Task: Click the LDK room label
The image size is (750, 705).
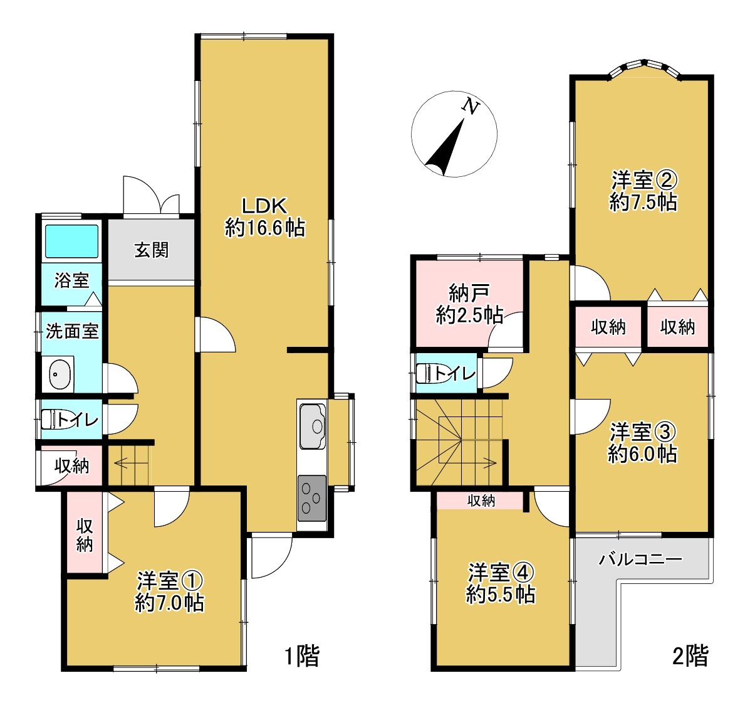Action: point(264,216)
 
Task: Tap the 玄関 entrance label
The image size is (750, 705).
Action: point(152,250)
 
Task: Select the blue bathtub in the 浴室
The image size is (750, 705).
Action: point(71,241)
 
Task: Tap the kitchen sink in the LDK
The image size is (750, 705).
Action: point(313,427)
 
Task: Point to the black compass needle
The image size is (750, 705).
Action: point(447,151)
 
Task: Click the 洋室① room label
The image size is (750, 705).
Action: point(170,590)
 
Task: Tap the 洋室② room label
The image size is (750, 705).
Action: point(643,191)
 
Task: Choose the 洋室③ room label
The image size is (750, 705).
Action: point(643,442)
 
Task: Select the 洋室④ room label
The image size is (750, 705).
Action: point(501,583)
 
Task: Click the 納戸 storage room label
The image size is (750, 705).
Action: point(469,304)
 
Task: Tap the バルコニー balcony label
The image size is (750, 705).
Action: point(640,559)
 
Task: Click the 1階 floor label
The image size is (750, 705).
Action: point(302,656)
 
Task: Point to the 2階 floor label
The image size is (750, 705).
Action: point(690,656)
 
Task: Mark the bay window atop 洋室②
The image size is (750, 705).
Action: point(645,67)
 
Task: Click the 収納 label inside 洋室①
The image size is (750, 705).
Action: point(85,534)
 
